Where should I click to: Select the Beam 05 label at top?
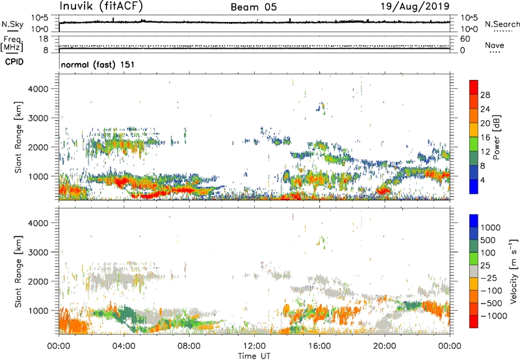pyautogui.click(x=254, y=6)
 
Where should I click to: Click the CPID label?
pyautogui.click(x=14, y=63)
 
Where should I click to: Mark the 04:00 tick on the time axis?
pyautogui.click(x=124, y=345)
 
